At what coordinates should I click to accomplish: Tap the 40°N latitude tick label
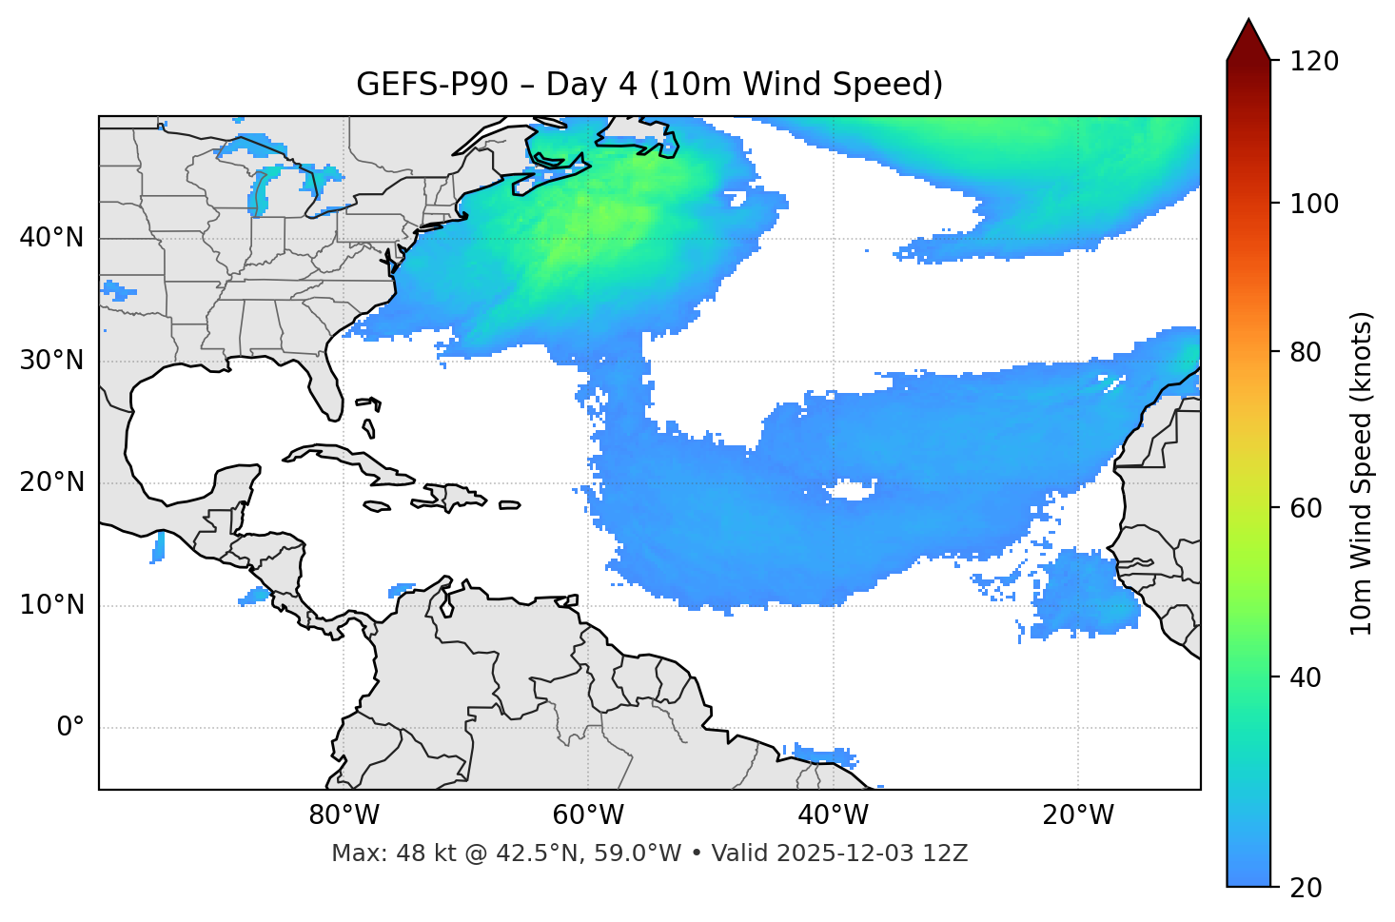click(x=51, y=238)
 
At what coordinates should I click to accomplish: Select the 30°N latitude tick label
click(x=51, y=361)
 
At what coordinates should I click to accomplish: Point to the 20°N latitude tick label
click(x=51, y=482)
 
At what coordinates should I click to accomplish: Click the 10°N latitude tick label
click(x=51, y=605)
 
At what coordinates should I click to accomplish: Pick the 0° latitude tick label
click(x=70, y=728)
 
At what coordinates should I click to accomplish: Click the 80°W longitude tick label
click(x=344, y=815)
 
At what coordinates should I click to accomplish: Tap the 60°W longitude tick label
click(x=588, y=815)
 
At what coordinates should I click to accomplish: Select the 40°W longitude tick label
click(x=833, y=815)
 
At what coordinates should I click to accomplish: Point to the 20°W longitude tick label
click(x=1077, y=815)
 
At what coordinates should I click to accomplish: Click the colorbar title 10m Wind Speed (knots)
click(x=1362, y=473)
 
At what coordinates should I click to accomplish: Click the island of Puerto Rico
click(x=509, y=505)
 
